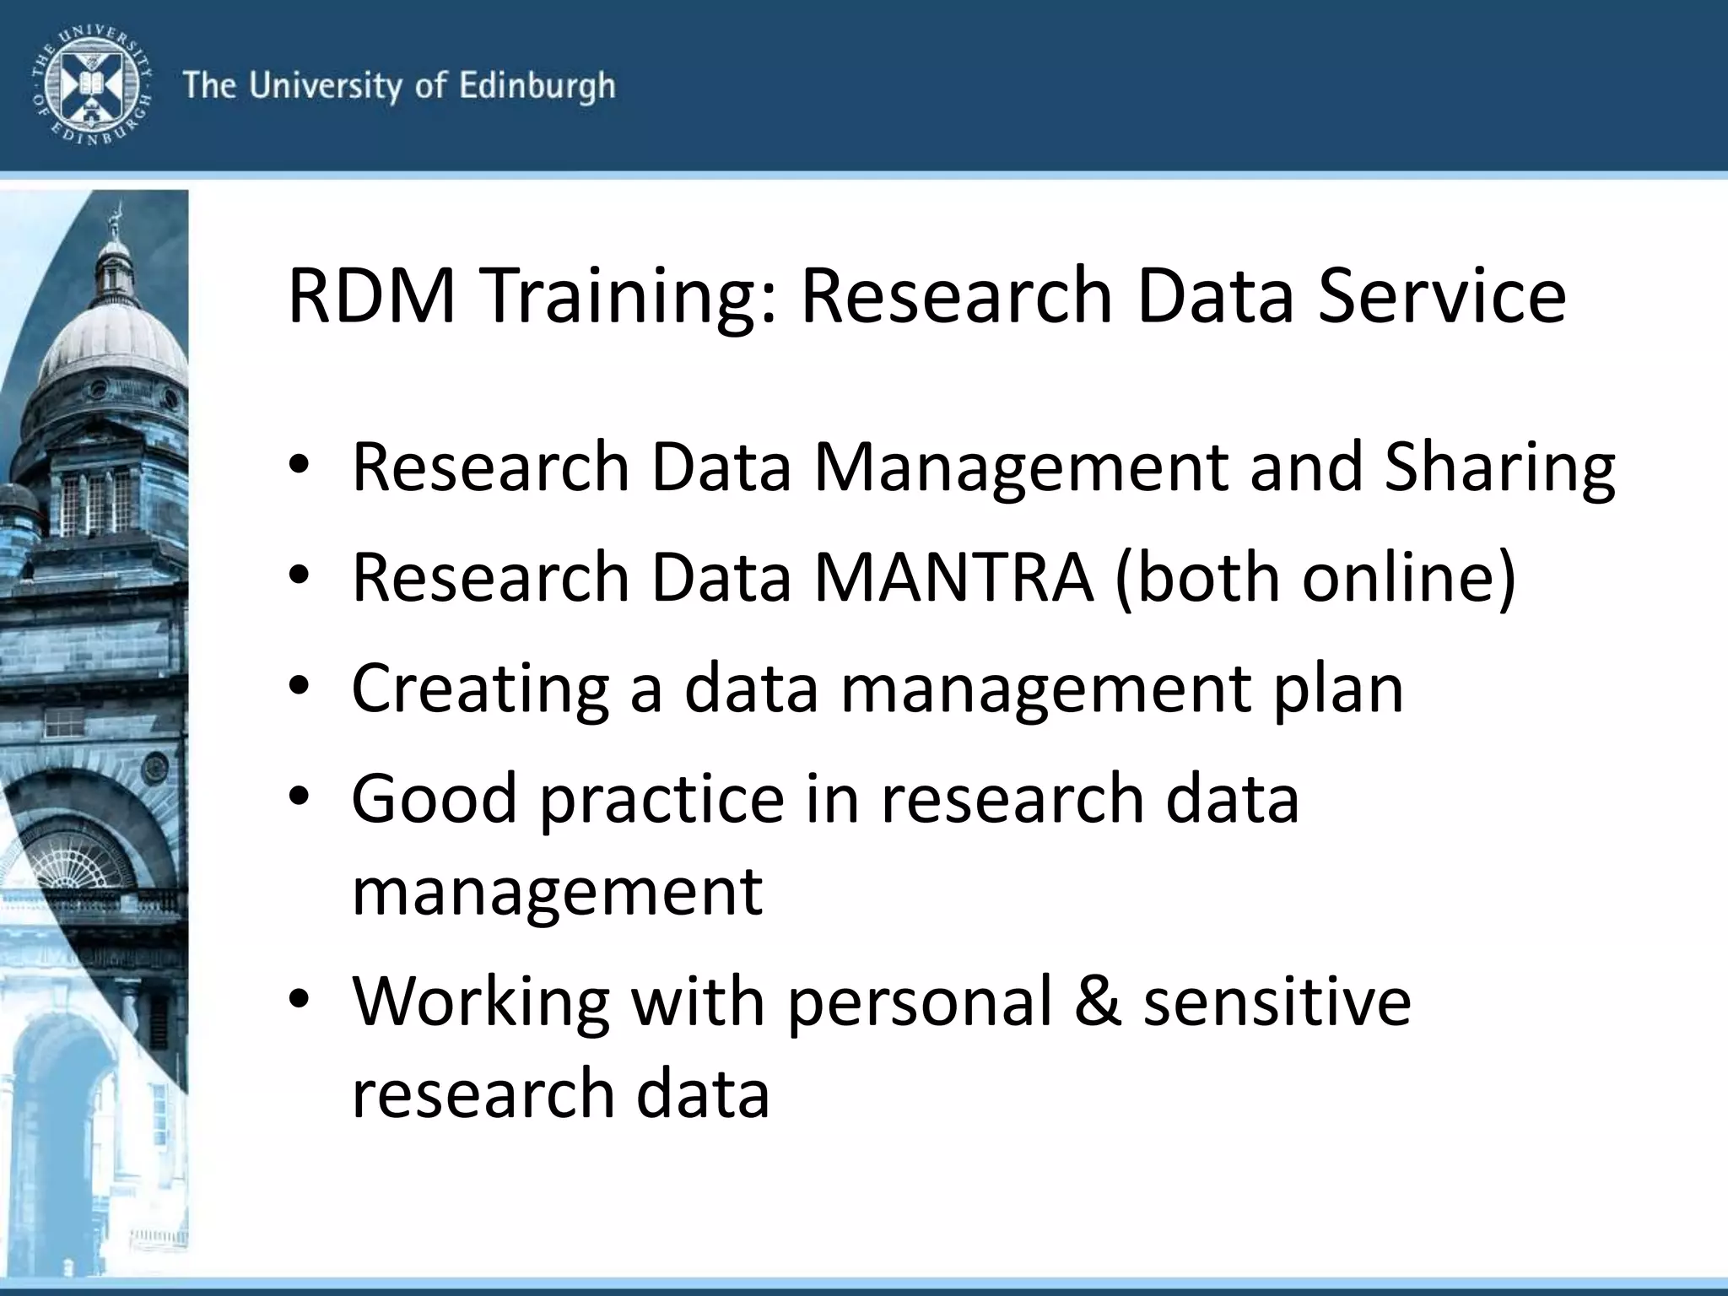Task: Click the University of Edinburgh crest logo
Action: click(x=91, y=85)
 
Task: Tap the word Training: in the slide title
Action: click(x=628, y=297)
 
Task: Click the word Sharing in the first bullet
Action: click(x=1499, y=467)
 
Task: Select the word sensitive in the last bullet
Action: click(x=1277, y=1002)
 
